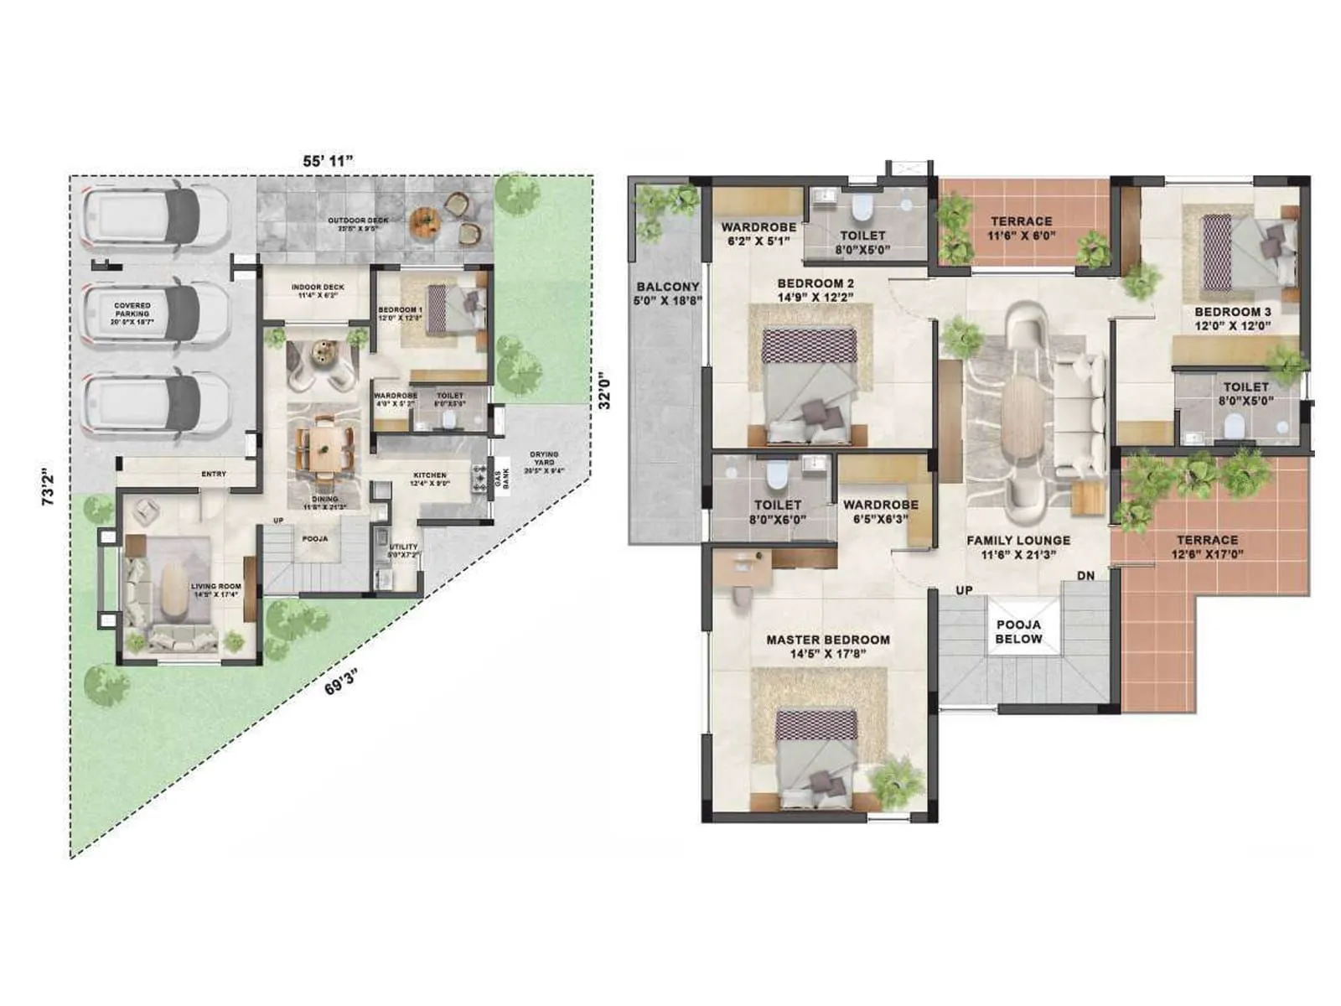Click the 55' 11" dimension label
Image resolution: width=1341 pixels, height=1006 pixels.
click(329, 160)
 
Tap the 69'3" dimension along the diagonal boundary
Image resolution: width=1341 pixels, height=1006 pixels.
click(342, 681)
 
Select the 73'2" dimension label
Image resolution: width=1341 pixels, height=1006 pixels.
click(50, 486)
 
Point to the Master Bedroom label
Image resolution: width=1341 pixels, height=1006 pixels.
click(828, 646)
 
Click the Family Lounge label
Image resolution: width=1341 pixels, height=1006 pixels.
click(1018, 547)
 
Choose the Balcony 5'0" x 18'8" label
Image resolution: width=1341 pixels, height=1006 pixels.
click(668, 293)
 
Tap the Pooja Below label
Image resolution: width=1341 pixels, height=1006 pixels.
click(1018, 631)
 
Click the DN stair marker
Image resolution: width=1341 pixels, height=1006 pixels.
click(1085, 576)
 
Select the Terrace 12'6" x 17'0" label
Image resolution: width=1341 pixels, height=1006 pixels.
click(1207, 547)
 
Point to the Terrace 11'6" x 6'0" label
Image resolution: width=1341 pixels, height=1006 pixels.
click(1021, 228)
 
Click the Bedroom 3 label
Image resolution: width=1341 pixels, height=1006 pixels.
click(1232, 318)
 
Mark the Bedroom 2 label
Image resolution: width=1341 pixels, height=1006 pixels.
click(815, 290)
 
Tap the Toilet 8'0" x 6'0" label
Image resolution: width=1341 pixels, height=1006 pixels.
click(778, 511)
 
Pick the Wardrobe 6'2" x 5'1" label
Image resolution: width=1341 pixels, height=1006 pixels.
click(759, 234)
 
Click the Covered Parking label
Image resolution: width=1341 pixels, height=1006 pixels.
click(132, 314)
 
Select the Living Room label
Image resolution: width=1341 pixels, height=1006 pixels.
click(215, 590)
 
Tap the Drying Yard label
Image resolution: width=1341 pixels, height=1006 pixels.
click(544, 462)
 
